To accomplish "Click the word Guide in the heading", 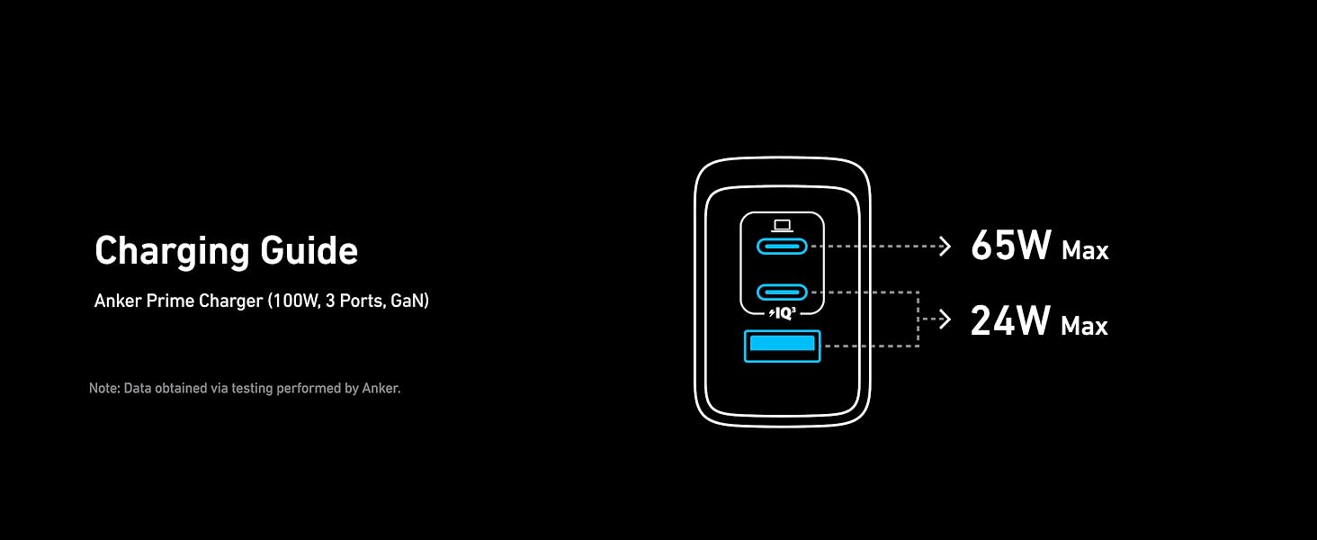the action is [x=309, y=250].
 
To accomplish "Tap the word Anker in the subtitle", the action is [x=118, y=301].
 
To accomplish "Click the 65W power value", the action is [x=1010, y=246].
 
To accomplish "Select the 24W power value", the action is [x=1010, y=320].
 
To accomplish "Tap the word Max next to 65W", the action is [x=1085, y=251].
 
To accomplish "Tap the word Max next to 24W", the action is [x=1084, y=326].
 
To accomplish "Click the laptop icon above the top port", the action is [x=782, y=225].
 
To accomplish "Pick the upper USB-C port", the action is [x=782, y=247].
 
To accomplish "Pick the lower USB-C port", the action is [x=782, y=292].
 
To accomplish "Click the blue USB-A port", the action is [x=782, y=346].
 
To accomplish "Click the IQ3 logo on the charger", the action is [x=783, y=313].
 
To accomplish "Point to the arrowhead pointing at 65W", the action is [x=945, y=247].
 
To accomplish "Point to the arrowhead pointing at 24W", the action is [x=945, y=319].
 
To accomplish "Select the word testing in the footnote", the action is [x=252, y=389].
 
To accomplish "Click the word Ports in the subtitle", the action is [x=362, y=301].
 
